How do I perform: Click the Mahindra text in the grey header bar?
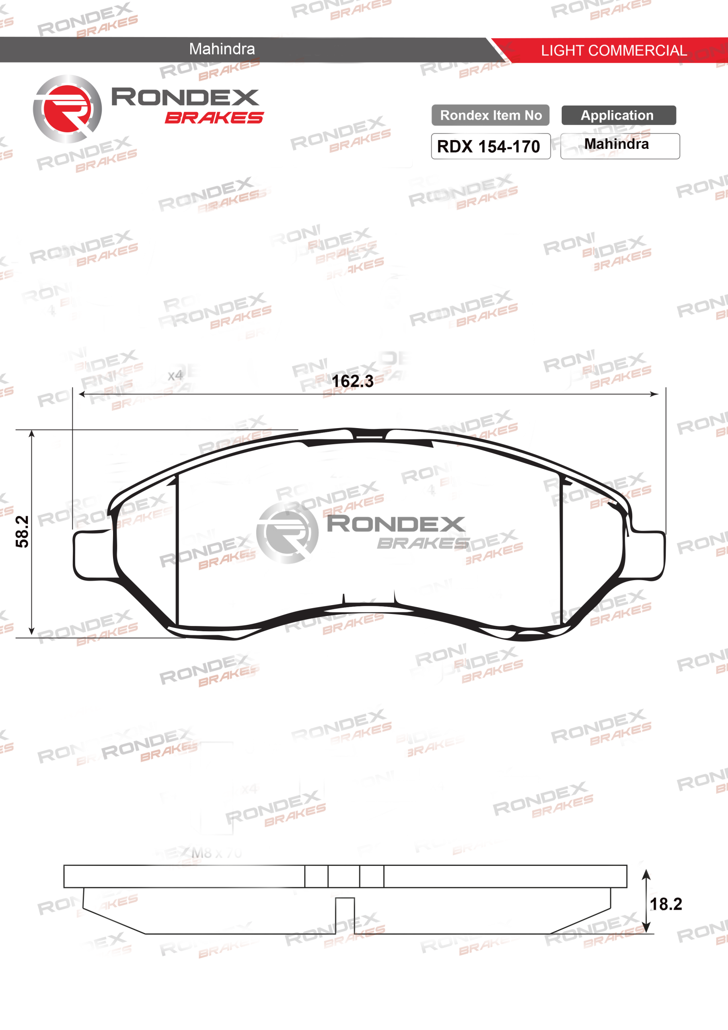[x=222, y=49]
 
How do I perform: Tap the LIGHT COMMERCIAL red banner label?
[x=613, y=50]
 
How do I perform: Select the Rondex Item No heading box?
[x=490, y=115]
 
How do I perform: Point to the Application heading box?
[x=618, y=115]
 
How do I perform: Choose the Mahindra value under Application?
[x=616, y=144]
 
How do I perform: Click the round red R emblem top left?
[x=67, y=109]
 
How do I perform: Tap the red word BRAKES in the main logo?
[x=214, y=117]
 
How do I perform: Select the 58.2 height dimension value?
[x=23, y=531]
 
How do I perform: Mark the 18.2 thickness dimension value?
[x=666, y=904]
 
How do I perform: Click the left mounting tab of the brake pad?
[x=92, y=555]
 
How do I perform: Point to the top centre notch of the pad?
[x=369, y=434]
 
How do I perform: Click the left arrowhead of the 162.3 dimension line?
[x=82, y=394]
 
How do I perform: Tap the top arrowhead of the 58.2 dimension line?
[x=31, y=434]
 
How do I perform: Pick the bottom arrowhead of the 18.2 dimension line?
[x=646, y=928]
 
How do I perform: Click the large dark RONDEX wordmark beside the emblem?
[x=185, y=97]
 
